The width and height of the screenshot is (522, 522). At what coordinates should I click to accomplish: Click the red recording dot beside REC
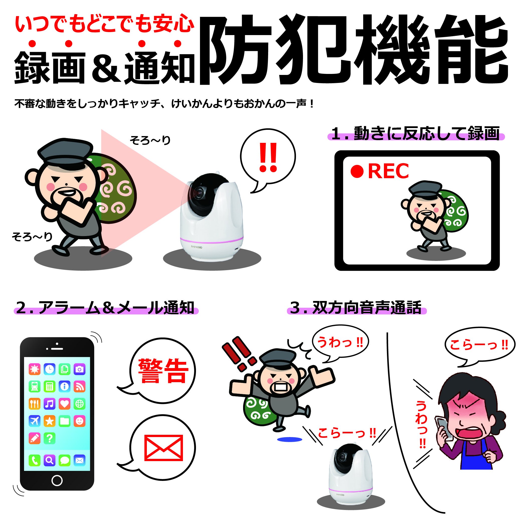357,172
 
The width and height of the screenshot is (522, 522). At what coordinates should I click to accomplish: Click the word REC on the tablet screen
388,171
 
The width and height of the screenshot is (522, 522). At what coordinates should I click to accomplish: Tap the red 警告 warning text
163,371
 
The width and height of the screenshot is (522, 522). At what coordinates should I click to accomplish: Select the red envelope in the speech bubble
164,448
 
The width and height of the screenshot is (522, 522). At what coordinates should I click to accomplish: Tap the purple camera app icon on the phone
79,369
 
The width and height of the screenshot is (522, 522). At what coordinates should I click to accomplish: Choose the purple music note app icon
49,404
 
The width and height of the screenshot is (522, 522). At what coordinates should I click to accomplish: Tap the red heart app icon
64,404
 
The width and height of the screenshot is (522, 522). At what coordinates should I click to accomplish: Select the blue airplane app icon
34,421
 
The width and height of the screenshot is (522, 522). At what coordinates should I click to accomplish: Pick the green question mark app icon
49,438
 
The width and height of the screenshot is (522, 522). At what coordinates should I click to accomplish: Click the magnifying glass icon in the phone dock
49,460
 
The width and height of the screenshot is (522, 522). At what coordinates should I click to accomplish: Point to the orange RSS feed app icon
79,386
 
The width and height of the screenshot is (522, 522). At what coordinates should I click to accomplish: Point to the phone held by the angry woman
443,429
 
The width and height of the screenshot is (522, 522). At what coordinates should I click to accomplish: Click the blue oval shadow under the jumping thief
290,440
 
